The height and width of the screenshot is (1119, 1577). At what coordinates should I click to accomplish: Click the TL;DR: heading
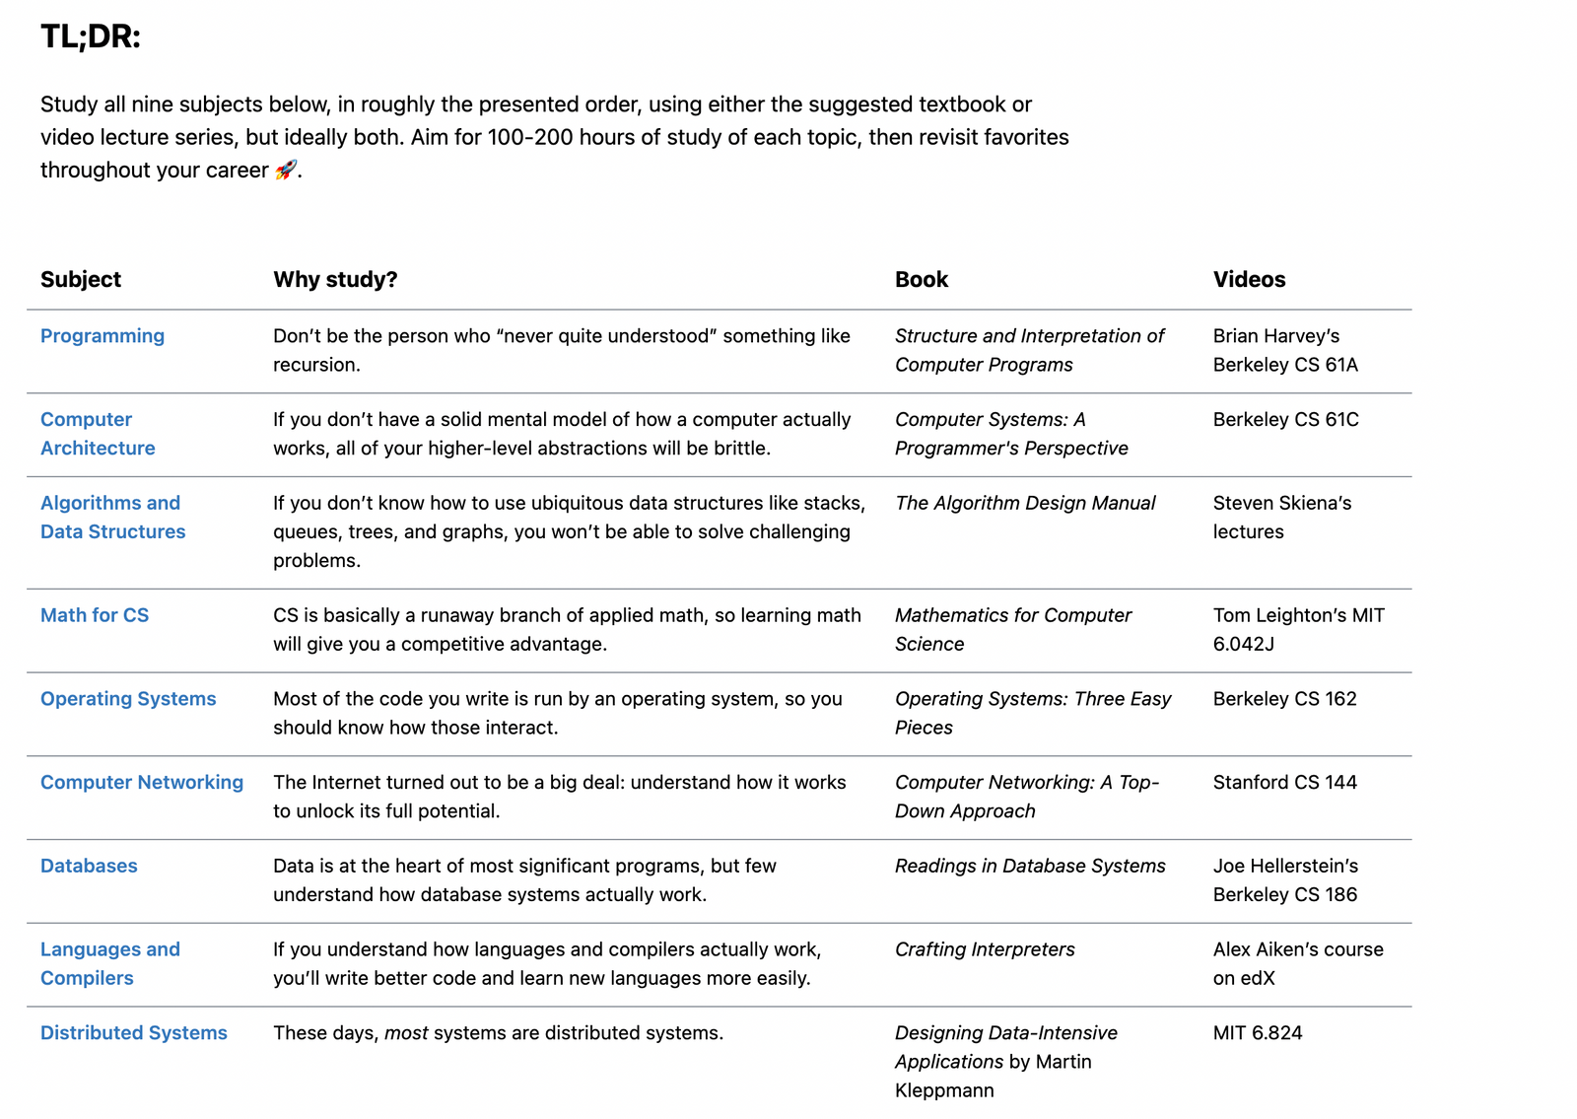coord(91,37)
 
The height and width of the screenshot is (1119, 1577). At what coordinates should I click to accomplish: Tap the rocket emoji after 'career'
coord(285,170)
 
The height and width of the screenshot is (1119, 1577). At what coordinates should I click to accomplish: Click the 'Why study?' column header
coord(335,279)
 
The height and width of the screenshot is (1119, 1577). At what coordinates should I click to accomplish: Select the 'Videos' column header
coord(1249,279)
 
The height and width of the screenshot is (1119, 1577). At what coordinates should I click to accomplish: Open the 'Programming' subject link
coord(103,336)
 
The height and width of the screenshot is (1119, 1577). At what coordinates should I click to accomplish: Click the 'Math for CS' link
coord(95,615)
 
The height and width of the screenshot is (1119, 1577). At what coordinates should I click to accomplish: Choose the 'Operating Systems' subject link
coord(128,699)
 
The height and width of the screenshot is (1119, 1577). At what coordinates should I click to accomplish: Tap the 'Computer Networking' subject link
coord(142,783)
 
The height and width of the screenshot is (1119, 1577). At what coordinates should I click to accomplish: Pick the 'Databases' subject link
coord(89,866)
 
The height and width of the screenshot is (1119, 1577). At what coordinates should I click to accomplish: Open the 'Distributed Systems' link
coord(134,1033)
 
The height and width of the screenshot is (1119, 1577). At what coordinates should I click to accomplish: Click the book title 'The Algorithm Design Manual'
coord(1025,503)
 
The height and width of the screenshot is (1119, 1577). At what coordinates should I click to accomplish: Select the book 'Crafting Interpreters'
coord(985,949)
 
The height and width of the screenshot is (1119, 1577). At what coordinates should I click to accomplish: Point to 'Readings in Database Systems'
coord(1030,866)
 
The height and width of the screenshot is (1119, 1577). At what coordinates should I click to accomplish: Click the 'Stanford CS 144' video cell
coord(1284,783)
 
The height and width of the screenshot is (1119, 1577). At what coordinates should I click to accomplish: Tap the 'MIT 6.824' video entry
coord(1258,1033)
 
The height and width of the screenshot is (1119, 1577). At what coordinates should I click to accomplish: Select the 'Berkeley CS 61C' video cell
coord(1285,420)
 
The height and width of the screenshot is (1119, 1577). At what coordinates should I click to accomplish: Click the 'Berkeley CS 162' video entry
coord(1284,699)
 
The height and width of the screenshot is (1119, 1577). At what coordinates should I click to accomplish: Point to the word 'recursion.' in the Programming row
coord(316,365)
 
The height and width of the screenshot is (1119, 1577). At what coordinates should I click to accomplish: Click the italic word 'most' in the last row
coord(406,1033)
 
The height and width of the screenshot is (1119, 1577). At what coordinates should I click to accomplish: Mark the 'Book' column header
coord(921,279)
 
